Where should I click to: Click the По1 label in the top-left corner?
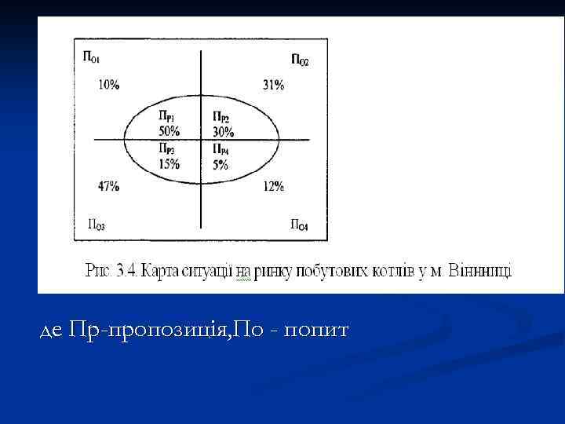pyautogui.click(x=91, y=56)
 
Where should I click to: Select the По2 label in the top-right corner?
pyautogui.click(x=299, y=60)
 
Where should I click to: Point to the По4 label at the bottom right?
pyautogui.click(x=299, y=226)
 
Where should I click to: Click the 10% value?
pyautogui.click(x=109, y=85)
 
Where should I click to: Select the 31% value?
pyautogui.click(x=274, y=85)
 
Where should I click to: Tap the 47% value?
pyautogui.click(x=108, y=187)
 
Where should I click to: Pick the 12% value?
pyautogui.click(x=274, y=187)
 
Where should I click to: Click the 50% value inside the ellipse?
pyautogui.click(x=169, y=130)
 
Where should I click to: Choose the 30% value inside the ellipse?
pyautogui.click(x=223, y=131)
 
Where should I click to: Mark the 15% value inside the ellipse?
pyautogui.click(x=169, y=164)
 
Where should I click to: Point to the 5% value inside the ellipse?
pyautogui.click(x=220, y=164)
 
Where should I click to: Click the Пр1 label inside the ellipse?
pyautogui.click(x=166, y=118)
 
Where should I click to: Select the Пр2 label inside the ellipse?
pyautogui.click(x=221, y=118)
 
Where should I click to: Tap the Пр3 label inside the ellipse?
pyautogui.click(x=166, y=149)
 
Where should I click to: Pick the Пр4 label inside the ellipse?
pyautogui.click(x=221, y=149)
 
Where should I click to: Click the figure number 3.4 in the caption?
pyautogui.click(x=126, y=272)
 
